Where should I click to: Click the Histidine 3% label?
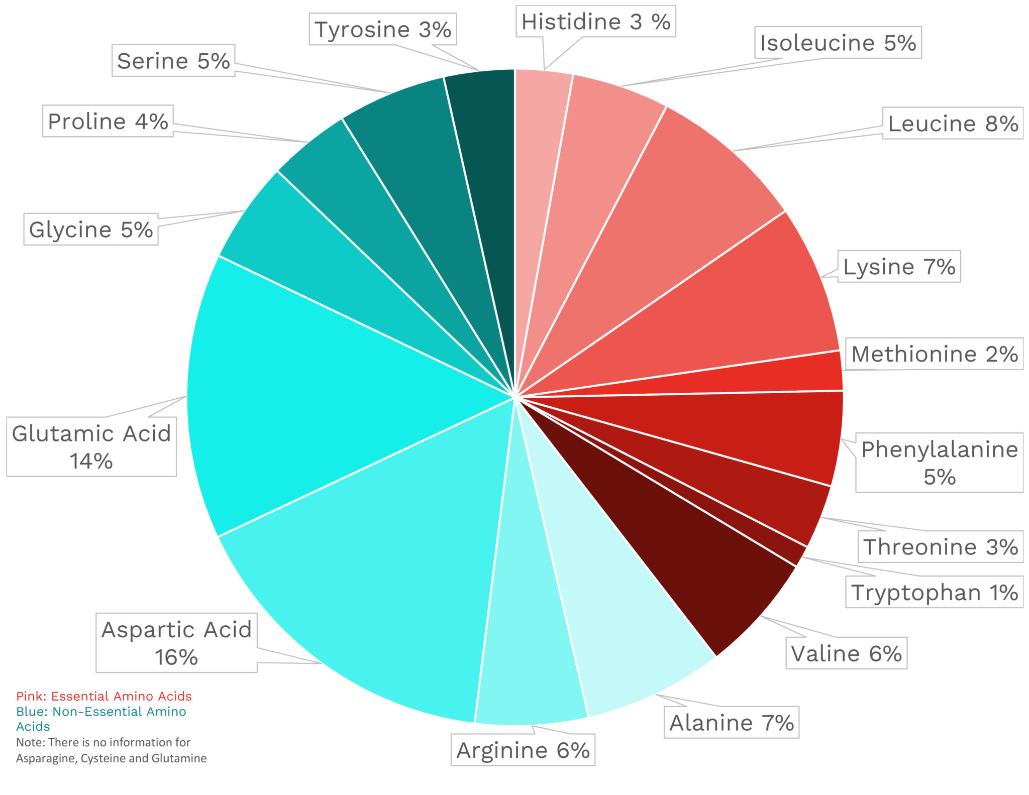click(x=595, y=22)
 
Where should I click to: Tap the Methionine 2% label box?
click(x=935, y=354)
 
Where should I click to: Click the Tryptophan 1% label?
click(x=935, y=593)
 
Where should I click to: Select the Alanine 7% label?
click(x=731, y=723)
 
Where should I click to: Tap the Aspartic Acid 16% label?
click(x=176, y=643)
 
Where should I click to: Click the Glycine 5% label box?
click(x=91, y=230)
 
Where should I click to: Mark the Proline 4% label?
click(x=108, y=121)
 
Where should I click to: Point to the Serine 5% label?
click(x=173, y=61)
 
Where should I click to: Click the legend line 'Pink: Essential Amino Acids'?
click(x=104, y=696)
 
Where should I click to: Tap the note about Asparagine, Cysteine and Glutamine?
click(x=111, y=750)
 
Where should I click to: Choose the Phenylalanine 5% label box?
click(x=939, y=463)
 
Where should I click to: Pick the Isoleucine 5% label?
click(x=838, y=43)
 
